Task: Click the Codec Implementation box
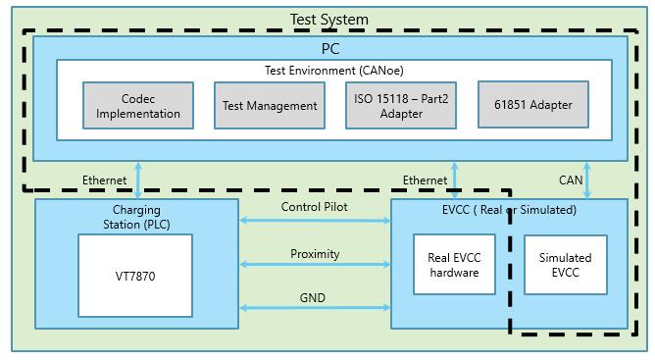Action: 138,105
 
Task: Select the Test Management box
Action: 270,105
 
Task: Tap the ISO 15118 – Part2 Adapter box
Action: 401,105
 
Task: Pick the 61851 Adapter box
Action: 533,105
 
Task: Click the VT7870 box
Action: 135,276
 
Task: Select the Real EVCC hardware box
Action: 454,264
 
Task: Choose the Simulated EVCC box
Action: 565,265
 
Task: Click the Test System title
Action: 329,20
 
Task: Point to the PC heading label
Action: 330,48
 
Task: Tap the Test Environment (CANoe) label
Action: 334,71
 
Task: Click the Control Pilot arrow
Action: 315,221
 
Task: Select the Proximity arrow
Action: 315,264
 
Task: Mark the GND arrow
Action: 315,308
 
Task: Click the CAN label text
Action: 571,180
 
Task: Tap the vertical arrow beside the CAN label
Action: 587,180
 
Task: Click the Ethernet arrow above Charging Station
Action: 138,180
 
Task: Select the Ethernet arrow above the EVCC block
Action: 455,180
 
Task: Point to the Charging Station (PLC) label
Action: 136,217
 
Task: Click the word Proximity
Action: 315,254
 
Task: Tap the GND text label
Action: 313,297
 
